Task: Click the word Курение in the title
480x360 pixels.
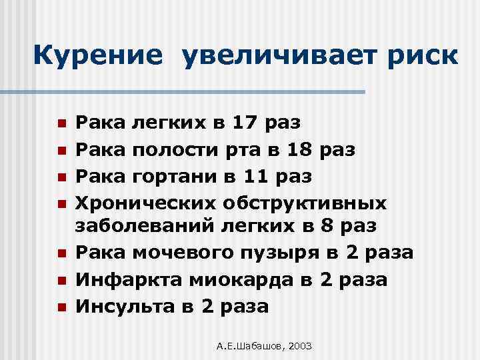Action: (97, 56)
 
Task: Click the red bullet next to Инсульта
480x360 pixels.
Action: (61, 307)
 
